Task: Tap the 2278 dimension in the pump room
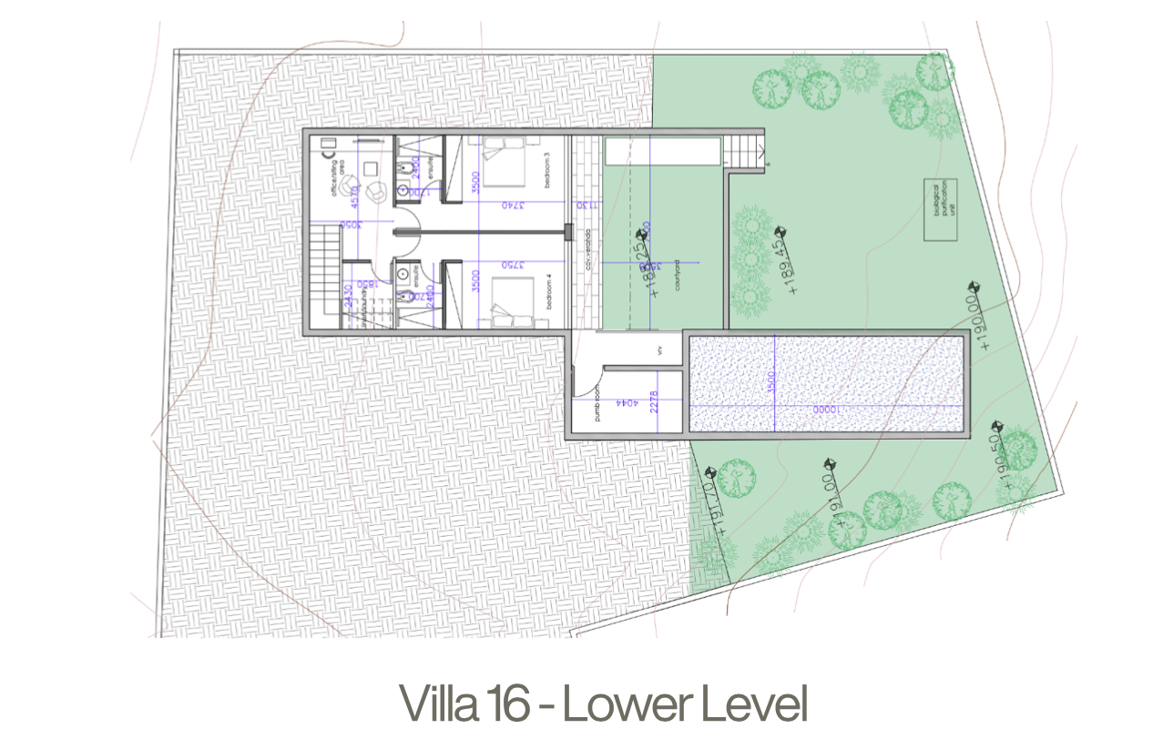[654, 402]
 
